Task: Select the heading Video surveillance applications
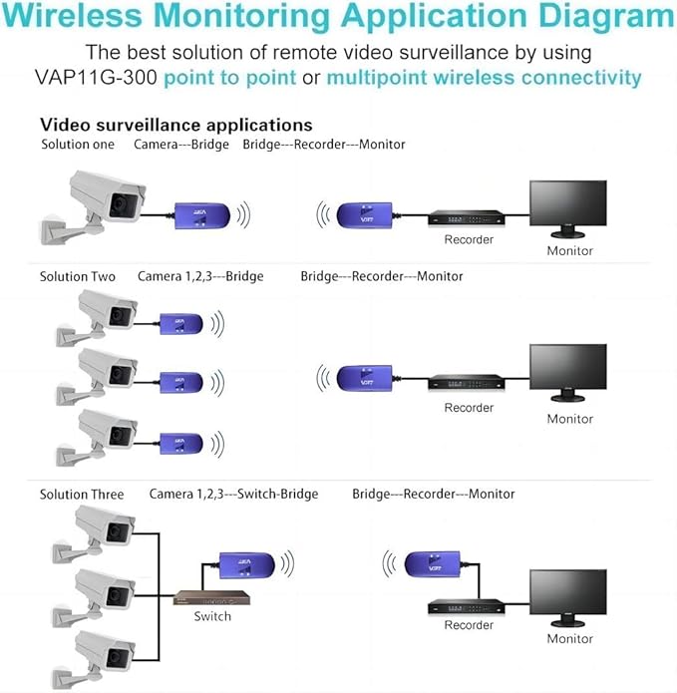175,125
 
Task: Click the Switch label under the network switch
212,616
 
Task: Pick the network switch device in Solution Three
212,597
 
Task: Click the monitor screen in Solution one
567,206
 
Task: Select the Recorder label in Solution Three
469,625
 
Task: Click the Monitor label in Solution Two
569,419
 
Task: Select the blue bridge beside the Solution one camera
203,215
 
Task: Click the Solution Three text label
82,495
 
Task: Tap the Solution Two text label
78,276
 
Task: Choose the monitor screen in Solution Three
567,596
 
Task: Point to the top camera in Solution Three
106,526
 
